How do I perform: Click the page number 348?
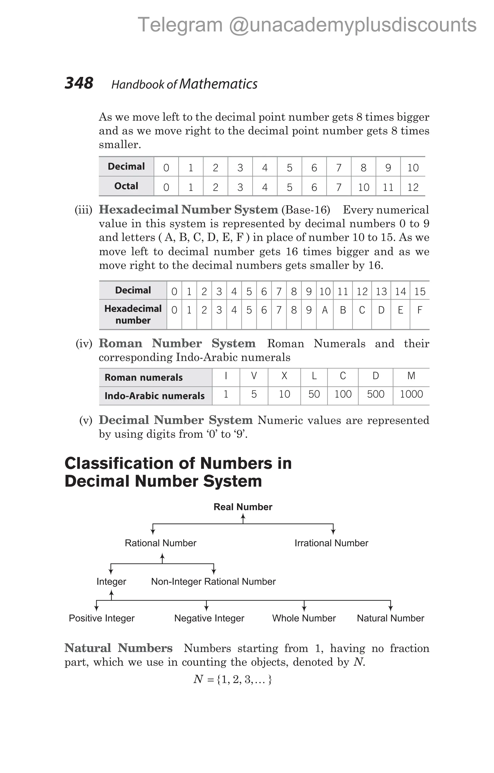[79, 83]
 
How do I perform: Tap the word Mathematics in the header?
[218, 84]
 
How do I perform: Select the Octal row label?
[126, 186]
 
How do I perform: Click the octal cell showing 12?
[413, 187]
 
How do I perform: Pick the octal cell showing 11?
[388, 187]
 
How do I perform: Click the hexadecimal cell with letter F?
[419, 310]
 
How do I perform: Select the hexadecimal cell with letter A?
[325, 310]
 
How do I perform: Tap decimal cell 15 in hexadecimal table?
[419, 292]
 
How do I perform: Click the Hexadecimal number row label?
[133, 314]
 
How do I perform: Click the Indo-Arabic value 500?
[376, 394]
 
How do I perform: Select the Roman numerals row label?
[144, 377]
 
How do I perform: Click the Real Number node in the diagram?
[243, 507]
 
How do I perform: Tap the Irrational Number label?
[331, 543]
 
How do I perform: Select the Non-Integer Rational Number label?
[213, 582]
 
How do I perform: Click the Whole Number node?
[304, 618]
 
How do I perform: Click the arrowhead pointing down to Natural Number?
[391, 609]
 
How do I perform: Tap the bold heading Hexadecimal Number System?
[188, 210]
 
